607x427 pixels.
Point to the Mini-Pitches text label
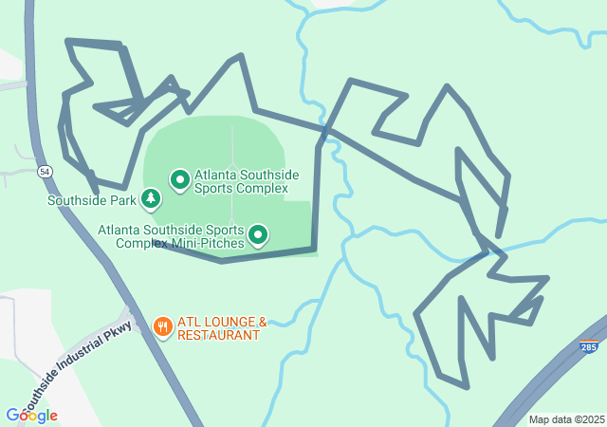[171, 236]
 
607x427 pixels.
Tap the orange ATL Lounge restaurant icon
[163, 327]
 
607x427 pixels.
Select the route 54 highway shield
[45, 172]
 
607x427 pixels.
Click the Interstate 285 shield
[589, 346]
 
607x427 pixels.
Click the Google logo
[31, 416]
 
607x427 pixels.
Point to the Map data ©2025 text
[566, 419]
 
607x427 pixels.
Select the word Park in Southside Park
[122, 200]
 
